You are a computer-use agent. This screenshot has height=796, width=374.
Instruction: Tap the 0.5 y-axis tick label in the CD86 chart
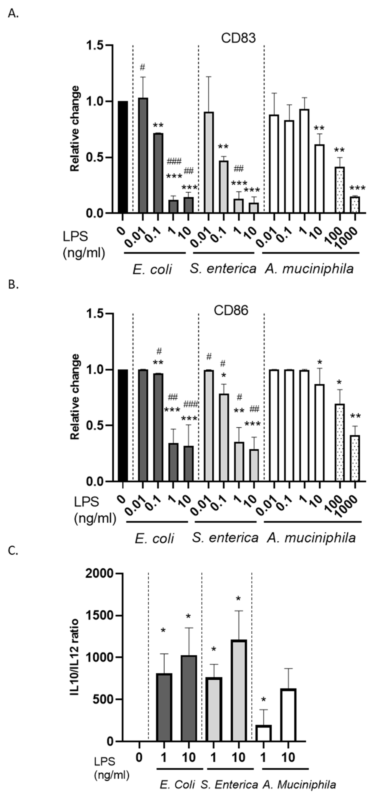[96, 425]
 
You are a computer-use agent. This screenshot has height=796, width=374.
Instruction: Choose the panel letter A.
[13, 14]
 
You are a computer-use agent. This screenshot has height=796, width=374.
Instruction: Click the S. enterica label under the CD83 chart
[223, 269]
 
